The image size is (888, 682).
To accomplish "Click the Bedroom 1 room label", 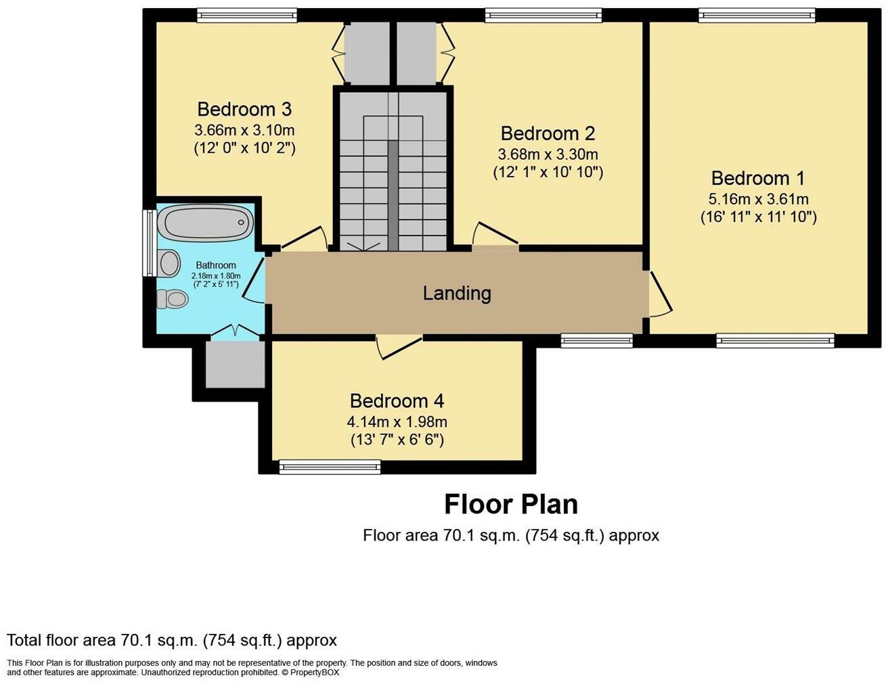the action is click(x=758, y=179).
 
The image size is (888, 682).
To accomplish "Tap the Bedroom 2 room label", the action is click(x=548, y=133).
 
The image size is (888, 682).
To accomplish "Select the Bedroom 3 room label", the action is click(x=244, y=109).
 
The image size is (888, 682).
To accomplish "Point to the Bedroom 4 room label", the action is click(x=397, y=401).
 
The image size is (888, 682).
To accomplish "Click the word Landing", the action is click(x=456, y=293).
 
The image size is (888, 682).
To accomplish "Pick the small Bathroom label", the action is click(x=216, y=265).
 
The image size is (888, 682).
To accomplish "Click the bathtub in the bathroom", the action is click(x=209, y=223).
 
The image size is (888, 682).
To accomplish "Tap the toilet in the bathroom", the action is click(x=173, y=298).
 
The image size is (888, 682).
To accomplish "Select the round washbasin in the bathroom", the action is click(x=170, y=263).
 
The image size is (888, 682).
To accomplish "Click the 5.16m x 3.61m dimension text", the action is click(x=759, y=199).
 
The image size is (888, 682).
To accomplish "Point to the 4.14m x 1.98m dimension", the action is click(x=397, y=422).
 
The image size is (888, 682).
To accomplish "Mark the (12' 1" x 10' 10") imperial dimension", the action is click(x=548, y=173).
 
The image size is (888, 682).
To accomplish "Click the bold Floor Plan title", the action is click(x=511, y=504).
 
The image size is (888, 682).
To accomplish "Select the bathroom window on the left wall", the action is click(x=149, y=243).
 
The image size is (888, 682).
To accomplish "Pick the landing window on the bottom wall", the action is click(x=597, y=340).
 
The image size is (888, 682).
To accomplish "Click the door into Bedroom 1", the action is click(x=658, y=293).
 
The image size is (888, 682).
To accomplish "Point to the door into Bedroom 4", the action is click(x=399, y=346).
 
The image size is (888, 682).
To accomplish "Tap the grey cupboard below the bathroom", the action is click(x=235, y=364).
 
